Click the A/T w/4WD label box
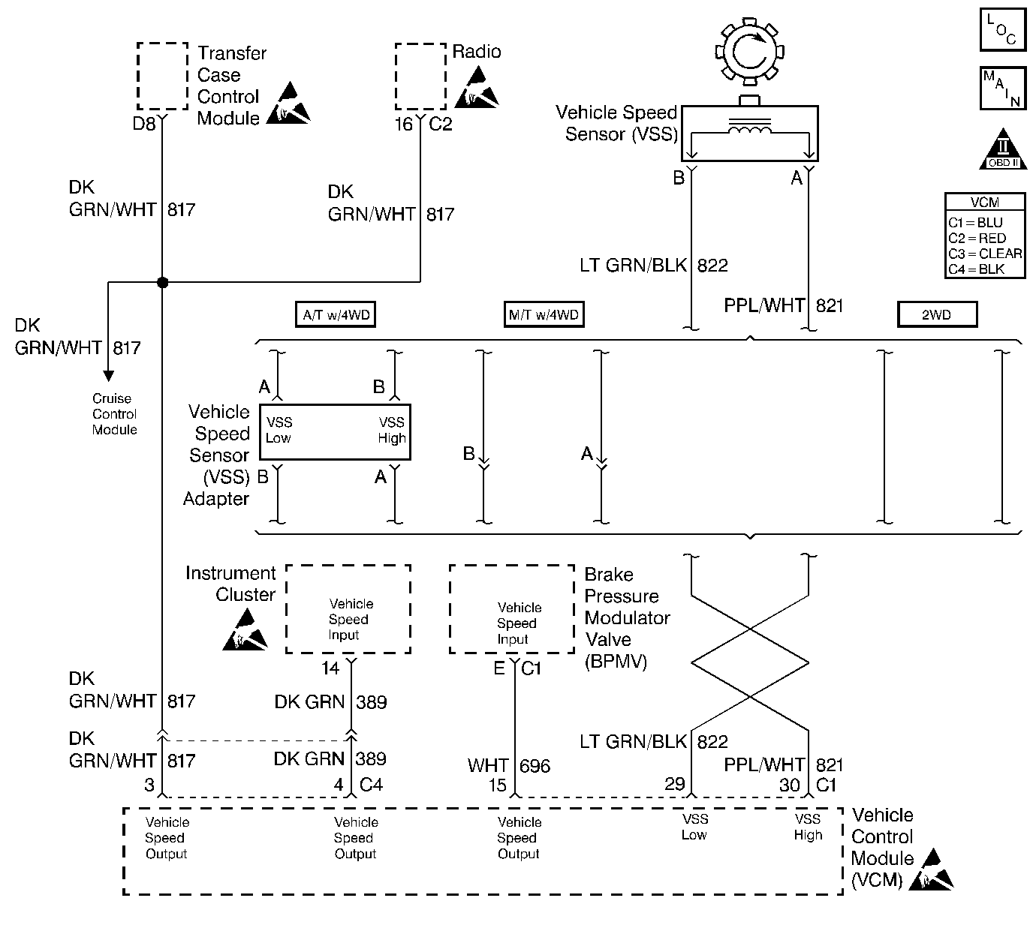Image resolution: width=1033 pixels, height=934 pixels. coord(336,315)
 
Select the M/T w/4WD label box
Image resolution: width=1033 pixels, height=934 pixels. coord(544,315)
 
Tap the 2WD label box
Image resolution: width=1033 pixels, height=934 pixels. coord(937,315)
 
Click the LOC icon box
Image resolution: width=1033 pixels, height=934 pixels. coord(1002,30)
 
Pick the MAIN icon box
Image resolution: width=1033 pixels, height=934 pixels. coord(1002,89)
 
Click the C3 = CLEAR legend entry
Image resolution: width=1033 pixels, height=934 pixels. coord(984,254)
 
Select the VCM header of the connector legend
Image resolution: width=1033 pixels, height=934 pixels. coord(984,203)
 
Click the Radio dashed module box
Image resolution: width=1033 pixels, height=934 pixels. coord(420,77)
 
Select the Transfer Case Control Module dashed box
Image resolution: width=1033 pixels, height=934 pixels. coord(162,77)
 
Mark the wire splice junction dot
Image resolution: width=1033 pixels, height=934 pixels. coord(162,283)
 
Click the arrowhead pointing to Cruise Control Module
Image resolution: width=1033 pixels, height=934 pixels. coord(109,375)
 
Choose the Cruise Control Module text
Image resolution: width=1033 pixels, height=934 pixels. coord(114,414)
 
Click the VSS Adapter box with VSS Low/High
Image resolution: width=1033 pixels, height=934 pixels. coord(335,432)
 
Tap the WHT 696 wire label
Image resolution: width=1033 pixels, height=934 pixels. coord(509,766)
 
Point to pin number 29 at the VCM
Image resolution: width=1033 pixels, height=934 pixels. coord(675,784)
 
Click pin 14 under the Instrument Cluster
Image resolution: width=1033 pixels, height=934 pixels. coord(330,668)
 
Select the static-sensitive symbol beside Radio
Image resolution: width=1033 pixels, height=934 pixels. coord(476,88)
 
